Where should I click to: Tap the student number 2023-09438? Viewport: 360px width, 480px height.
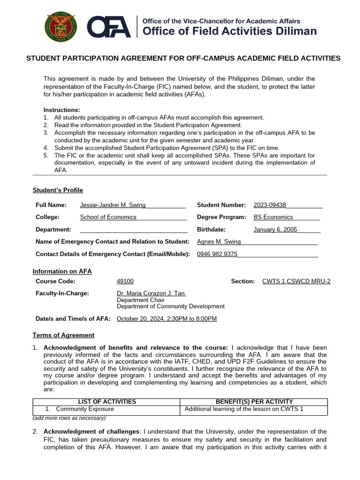[x=270, y=205]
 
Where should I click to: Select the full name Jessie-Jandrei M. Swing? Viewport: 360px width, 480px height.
[x=113, y=205]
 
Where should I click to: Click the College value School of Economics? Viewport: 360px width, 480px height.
[x=108, y=217]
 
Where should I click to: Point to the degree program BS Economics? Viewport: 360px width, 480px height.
[x=273, y=217]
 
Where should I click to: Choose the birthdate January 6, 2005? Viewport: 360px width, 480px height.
[x=275, y=229]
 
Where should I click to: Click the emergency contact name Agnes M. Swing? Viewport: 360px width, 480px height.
[x=219, y=241]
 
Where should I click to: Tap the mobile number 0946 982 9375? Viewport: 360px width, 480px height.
[x=217, y=254]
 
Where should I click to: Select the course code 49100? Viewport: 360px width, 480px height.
[x=125, y=281]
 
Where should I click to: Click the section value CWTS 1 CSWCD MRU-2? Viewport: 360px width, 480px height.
[x=296, y=281]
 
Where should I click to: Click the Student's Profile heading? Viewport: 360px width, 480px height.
[x=58, y=190]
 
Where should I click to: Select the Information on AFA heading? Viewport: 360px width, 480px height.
[x=62, y=271]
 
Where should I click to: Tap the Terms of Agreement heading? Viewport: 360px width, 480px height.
[x=63, y=335]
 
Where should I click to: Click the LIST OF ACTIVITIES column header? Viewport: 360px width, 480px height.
[x=107, y=402]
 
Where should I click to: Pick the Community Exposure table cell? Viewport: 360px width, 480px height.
[x=84, y=409]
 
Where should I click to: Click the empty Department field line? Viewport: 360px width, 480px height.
[x=134, y=229]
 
